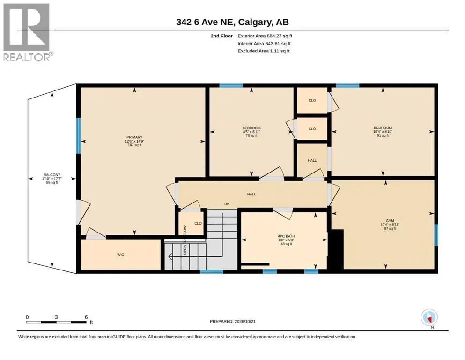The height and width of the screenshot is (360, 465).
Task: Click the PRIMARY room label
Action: (x=134, y=137)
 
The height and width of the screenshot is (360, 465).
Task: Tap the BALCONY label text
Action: (x=52, y=175)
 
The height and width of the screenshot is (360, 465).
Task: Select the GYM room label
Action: (x=390, y=220)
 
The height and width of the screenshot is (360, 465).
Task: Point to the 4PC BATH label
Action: (x=286, y=236)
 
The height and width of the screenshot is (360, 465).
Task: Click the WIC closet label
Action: (x=120, y=255)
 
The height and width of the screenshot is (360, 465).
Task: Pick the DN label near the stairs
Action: (x=227, y=204)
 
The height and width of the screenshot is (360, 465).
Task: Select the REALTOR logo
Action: (x=27, y=32)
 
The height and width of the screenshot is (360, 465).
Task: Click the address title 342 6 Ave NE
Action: (x=206, y=22)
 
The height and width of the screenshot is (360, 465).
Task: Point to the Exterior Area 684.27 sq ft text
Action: (x=265, y=36)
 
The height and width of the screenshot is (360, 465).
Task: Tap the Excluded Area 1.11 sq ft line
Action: (x=264, y=51)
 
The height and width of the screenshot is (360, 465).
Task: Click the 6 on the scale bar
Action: (x=86, y=317)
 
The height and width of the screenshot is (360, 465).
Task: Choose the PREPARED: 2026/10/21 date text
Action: (x=232, y=321)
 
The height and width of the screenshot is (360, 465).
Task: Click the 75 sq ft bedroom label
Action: (x=251, y=135)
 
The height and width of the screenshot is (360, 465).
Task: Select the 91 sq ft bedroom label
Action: (x=383, y=135)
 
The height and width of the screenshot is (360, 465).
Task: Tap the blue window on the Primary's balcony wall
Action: (x=79, y=135)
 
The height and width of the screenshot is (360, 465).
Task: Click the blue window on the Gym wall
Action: (x=436, y=235)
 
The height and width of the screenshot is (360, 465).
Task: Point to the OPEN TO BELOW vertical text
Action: (x=185, y=240)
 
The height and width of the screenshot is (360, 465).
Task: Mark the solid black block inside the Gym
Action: (x=336, y=249)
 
